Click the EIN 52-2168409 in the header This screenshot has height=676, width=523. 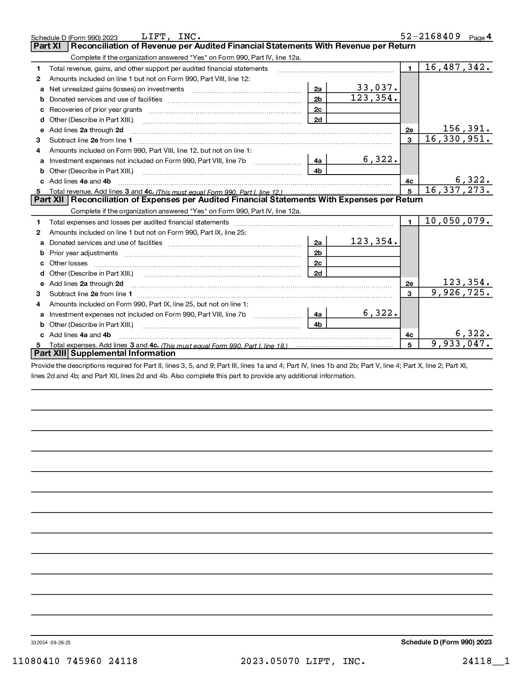click(x=430, y=36)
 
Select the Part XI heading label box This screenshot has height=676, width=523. click(x=49, y=46)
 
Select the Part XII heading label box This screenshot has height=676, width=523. click(x=50, y=200)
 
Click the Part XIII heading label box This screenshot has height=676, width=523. click(x=50, y=353)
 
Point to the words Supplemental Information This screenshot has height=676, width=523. click(x=123, y=353)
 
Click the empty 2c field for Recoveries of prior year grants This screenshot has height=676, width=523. click(x=363, y=109)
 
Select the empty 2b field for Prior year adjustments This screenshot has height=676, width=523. click(x=363, y=253)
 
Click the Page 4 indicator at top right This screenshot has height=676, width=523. click(x=480, y=38)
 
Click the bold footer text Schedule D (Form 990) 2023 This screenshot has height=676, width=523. click(x=446, y=642)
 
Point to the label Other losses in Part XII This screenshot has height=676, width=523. click(x=68, y=263)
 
